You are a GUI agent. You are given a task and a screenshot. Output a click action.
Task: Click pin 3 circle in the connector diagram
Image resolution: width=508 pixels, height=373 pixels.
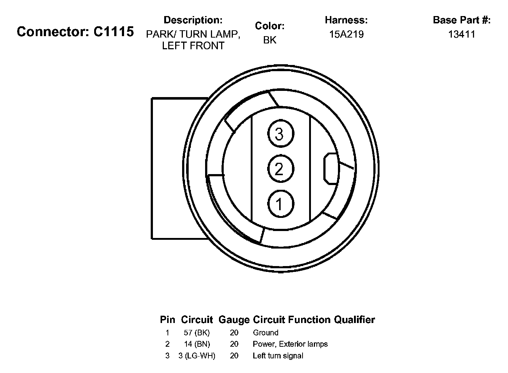click(280, 134)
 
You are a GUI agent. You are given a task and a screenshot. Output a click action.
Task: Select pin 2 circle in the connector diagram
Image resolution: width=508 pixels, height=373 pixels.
click(280, 169)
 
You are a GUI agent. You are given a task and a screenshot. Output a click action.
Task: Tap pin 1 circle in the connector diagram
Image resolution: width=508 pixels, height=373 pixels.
click(280, 204)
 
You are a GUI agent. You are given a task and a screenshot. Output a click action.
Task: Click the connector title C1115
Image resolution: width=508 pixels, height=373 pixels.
click(75, 32)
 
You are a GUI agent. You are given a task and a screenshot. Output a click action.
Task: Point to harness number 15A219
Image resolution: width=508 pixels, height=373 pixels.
click(346, 34)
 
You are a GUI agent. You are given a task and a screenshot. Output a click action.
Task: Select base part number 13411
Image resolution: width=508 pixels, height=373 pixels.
click(462, 34)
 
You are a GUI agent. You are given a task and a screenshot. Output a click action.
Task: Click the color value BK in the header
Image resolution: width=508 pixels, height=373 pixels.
click(270, 40)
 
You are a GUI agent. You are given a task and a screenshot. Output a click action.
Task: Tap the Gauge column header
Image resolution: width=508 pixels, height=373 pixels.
click(234, 320)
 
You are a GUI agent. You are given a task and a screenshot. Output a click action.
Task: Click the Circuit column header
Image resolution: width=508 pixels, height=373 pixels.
click(197, 320)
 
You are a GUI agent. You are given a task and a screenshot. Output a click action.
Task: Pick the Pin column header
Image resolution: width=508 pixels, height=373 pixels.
click(168, 320)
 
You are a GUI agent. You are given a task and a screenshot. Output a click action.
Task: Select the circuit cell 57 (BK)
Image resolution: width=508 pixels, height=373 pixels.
click(197, 332)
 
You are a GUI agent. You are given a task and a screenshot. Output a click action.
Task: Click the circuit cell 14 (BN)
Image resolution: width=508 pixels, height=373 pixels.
click(197, 344)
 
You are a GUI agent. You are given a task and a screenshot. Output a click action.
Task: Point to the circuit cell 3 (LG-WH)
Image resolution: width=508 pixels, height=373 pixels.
click(197, 355)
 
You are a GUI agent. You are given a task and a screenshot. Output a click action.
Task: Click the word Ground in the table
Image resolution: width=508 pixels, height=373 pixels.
click(265, 332)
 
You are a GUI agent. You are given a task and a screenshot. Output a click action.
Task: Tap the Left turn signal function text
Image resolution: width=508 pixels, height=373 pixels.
click(278, 355)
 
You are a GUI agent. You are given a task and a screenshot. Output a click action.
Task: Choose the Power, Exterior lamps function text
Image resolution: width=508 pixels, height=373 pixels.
click(290, 344)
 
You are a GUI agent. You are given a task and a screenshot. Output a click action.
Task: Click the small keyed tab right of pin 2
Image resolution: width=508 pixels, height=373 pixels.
click(330, 169)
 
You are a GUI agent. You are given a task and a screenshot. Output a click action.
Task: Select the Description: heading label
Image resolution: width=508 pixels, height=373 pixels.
click(193, 20)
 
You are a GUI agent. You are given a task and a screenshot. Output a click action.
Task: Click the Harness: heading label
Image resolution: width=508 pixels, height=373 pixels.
click(346, 20)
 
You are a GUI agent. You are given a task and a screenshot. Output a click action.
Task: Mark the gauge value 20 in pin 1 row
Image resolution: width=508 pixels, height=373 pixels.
click(234, 332)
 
